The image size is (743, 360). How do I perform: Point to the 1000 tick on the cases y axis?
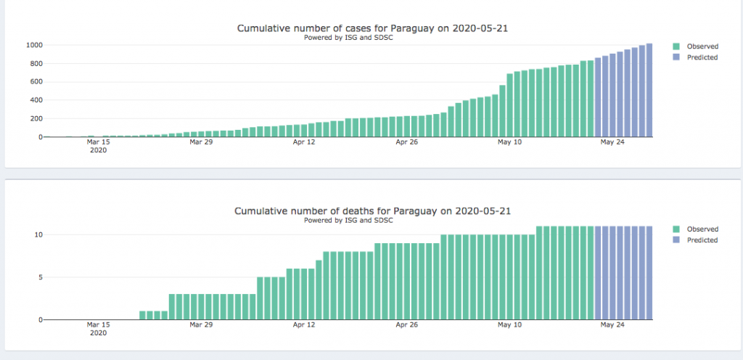pos(33,45)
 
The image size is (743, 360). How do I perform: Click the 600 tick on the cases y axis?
pos(36,82)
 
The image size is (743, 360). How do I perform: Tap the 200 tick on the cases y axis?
pos(36,118)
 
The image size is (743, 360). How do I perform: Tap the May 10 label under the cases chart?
pos(510,142)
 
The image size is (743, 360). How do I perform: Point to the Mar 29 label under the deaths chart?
pos(202,325)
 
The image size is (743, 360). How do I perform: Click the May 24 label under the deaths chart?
pos(612,325)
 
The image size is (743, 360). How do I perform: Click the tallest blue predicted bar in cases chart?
pos(649,91)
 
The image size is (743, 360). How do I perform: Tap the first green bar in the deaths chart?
pos(143,315)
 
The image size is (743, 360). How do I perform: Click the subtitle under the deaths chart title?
pos(348,220)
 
